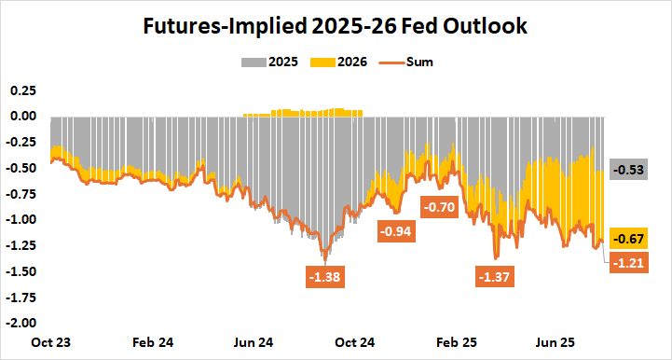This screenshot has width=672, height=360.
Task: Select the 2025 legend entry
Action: tap(276, 62)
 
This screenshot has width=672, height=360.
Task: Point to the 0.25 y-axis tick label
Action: tap(22, 90)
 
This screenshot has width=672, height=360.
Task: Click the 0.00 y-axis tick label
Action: tap(22, 117)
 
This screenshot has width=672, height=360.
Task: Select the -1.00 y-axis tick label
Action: tap(21, 220)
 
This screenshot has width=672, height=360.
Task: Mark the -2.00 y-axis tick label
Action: tap(21, 324)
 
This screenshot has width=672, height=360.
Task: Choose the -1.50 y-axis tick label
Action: tap(21, 271)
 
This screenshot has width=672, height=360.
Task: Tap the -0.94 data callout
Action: tap(395, 229)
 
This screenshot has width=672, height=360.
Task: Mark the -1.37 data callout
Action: tap(494, 276)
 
